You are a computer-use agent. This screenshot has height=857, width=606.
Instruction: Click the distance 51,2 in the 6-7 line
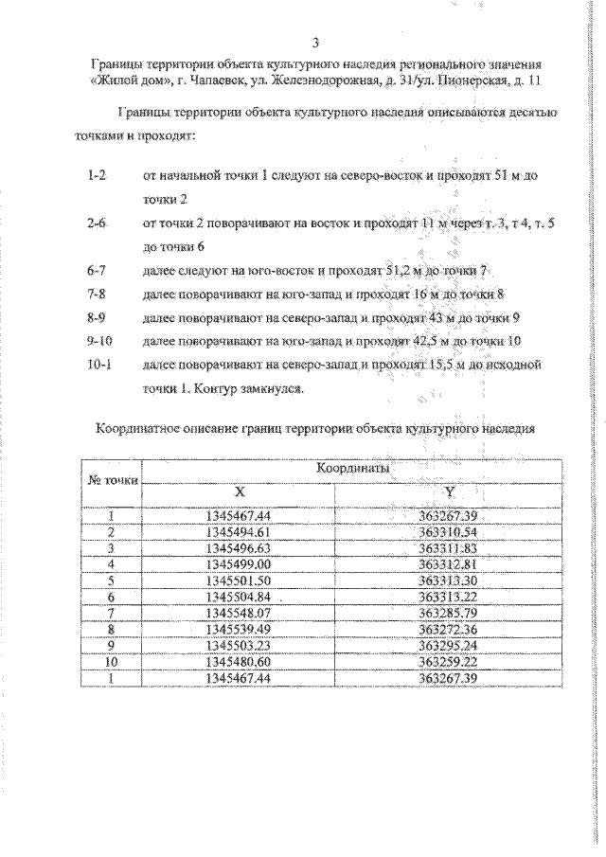point(401,271)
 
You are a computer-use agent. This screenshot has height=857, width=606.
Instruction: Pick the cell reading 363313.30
point(451,580)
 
